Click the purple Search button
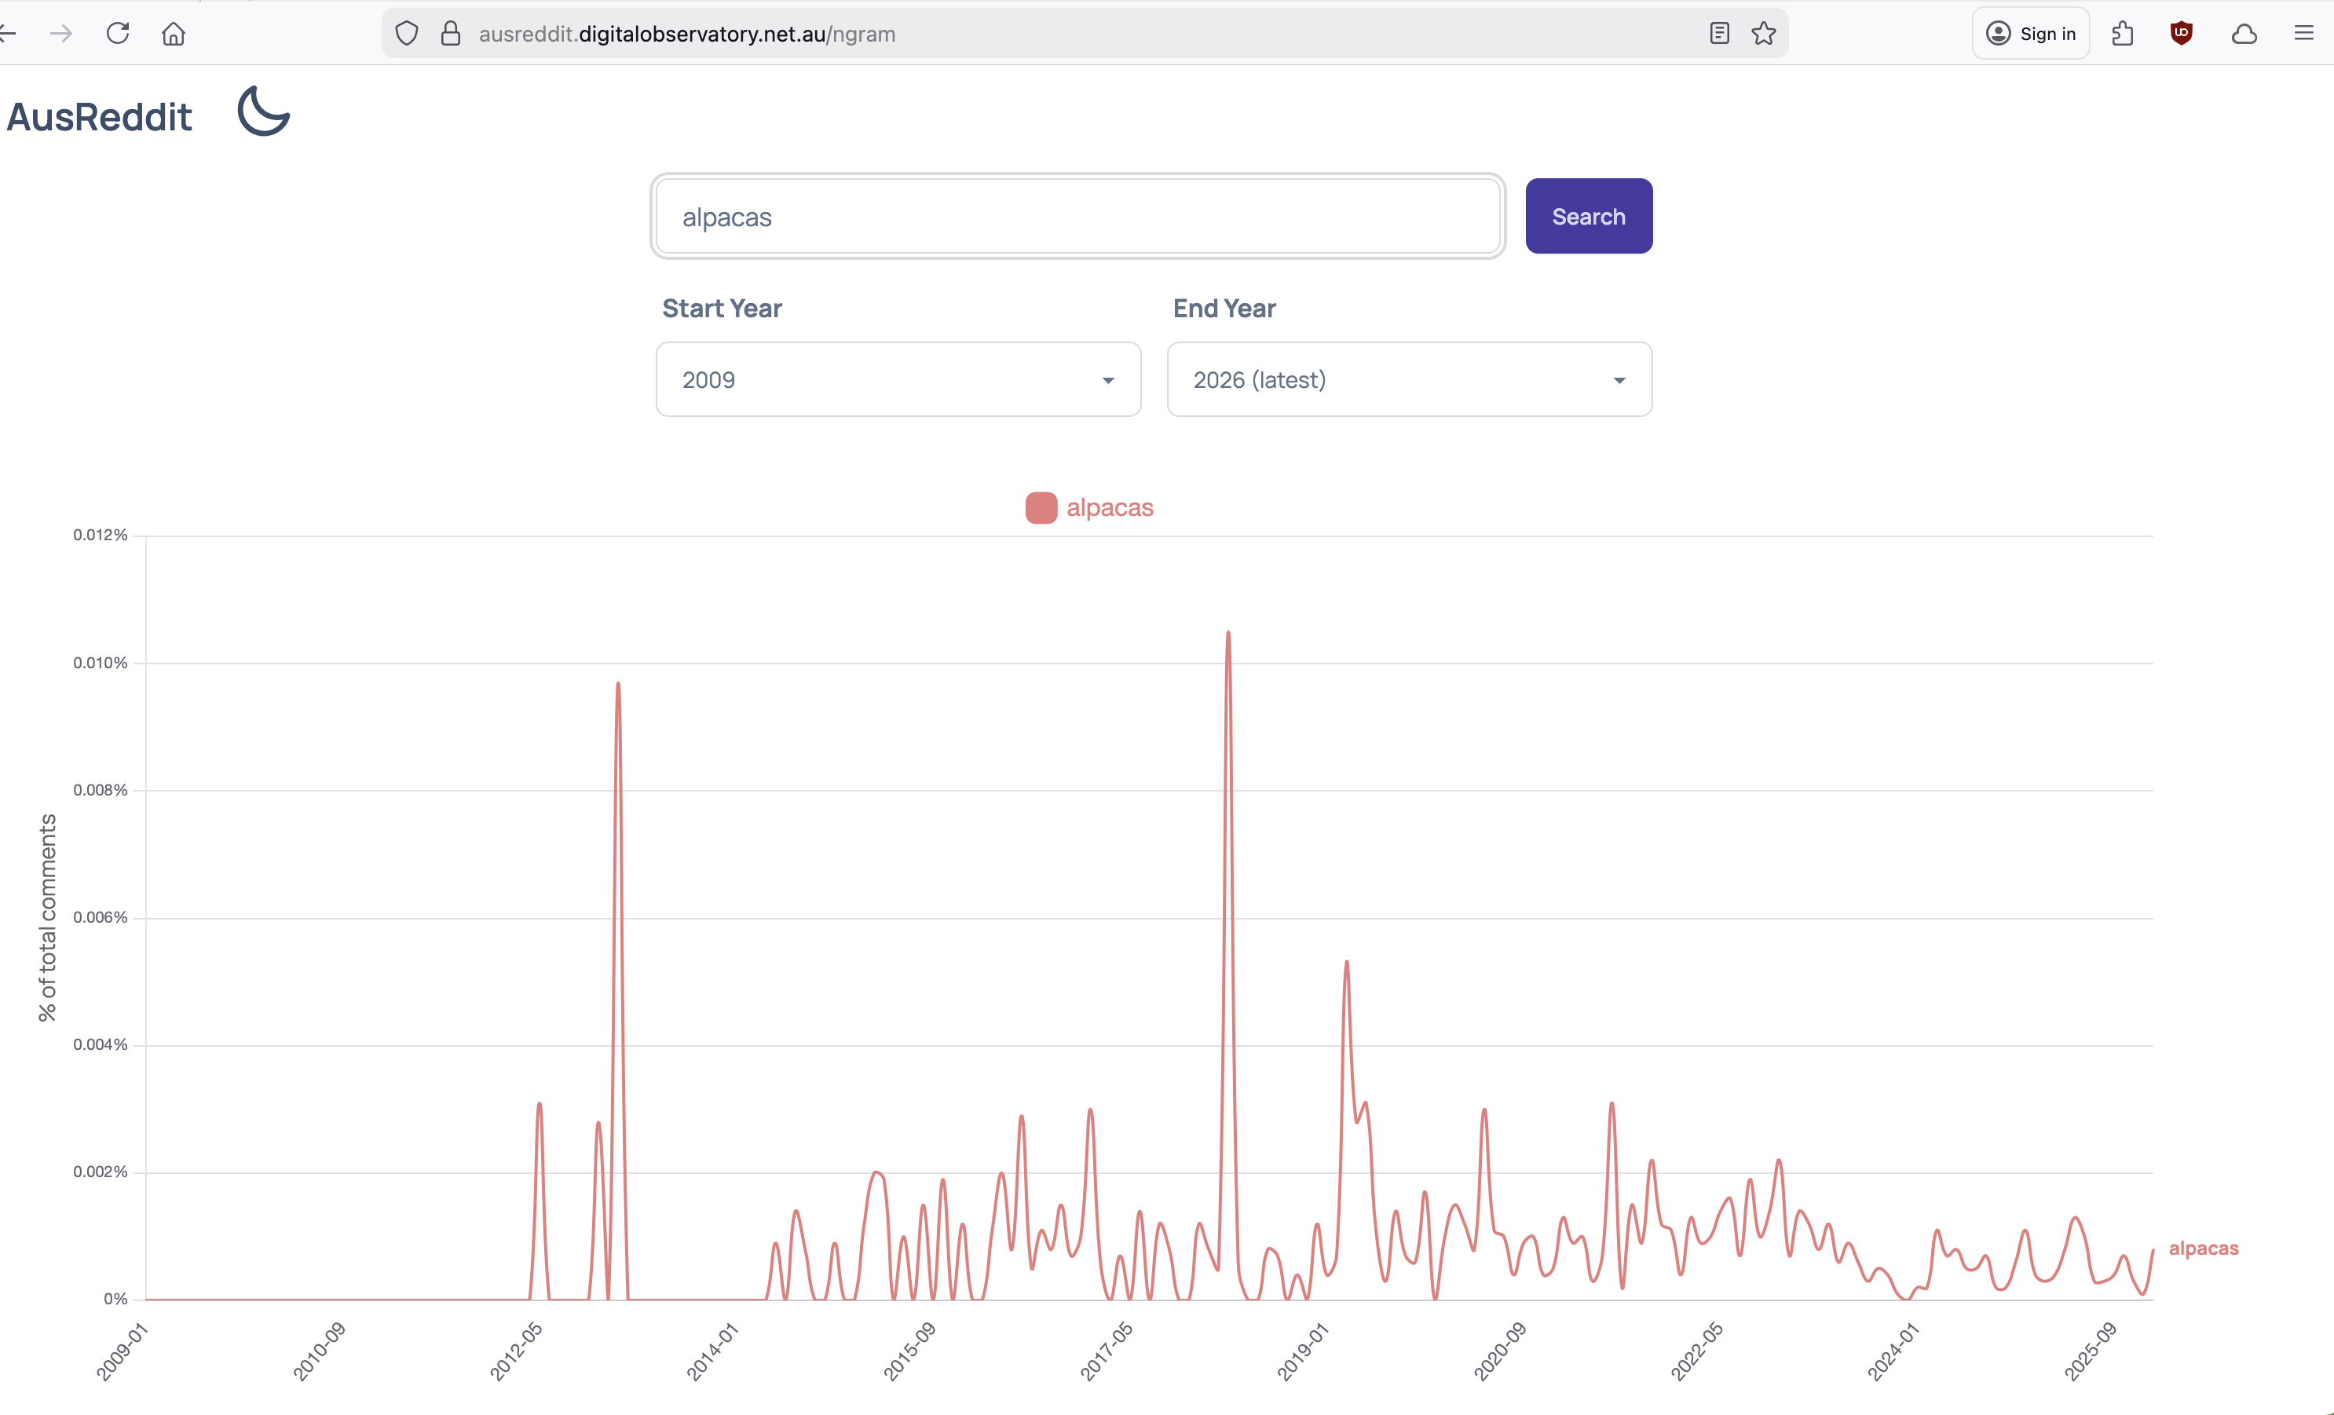[x=1589, y=216]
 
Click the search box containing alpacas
[x=1078, y=216]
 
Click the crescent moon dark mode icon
[x=262, y=111]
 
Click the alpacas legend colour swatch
[x=1041, y=508]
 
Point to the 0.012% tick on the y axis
[x=101, y=535]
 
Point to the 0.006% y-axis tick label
[x=101, y=917]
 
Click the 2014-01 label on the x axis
[x=712, y=1352]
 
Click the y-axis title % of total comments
[x=47, y=917]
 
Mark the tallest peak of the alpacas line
[x=1228, y=632]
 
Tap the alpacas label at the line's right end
[x=2204, y=1249]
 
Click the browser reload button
[x=118, y=33]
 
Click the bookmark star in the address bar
[x=1764, y=33]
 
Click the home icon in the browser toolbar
[x=174, y=33]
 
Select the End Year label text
[x=1224, y=308]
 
